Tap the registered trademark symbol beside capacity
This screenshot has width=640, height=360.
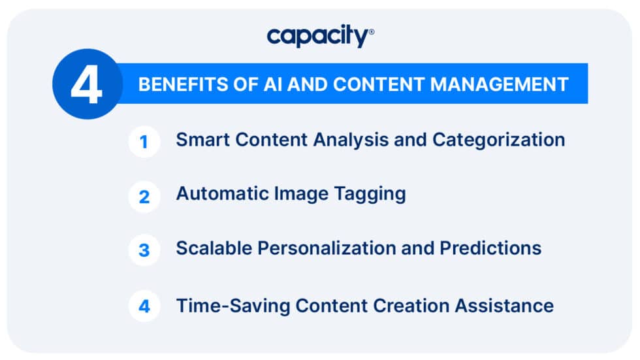coord(372,31)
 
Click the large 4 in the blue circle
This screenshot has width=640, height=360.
coord(86,84)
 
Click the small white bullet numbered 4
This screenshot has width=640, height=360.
coord(144,306)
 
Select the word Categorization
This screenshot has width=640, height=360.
coord(501,140)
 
